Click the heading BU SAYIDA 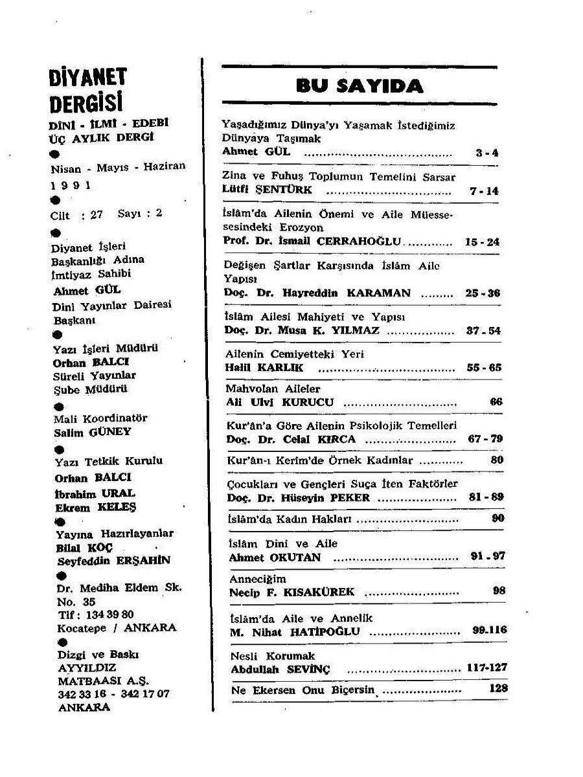[360, 85]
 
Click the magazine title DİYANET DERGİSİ [88, 91]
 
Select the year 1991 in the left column [71, 185]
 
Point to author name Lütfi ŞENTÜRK [267, 190]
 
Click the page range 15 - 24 [482, 242]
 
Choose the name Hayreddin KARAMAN [347, 293]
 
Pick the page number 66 [496, 402]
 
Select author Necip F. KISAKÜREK [292, 592]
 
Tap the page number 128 [498, 689]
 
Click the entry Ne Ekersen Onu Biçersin [303, 690]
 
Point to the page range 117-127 [486, 668]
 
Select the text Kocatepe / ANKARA [117, 628]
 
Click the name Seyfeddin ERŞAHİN [113, 561]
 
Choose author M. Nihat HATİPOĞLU [295, 632]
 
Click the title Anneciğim [258, 579]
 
